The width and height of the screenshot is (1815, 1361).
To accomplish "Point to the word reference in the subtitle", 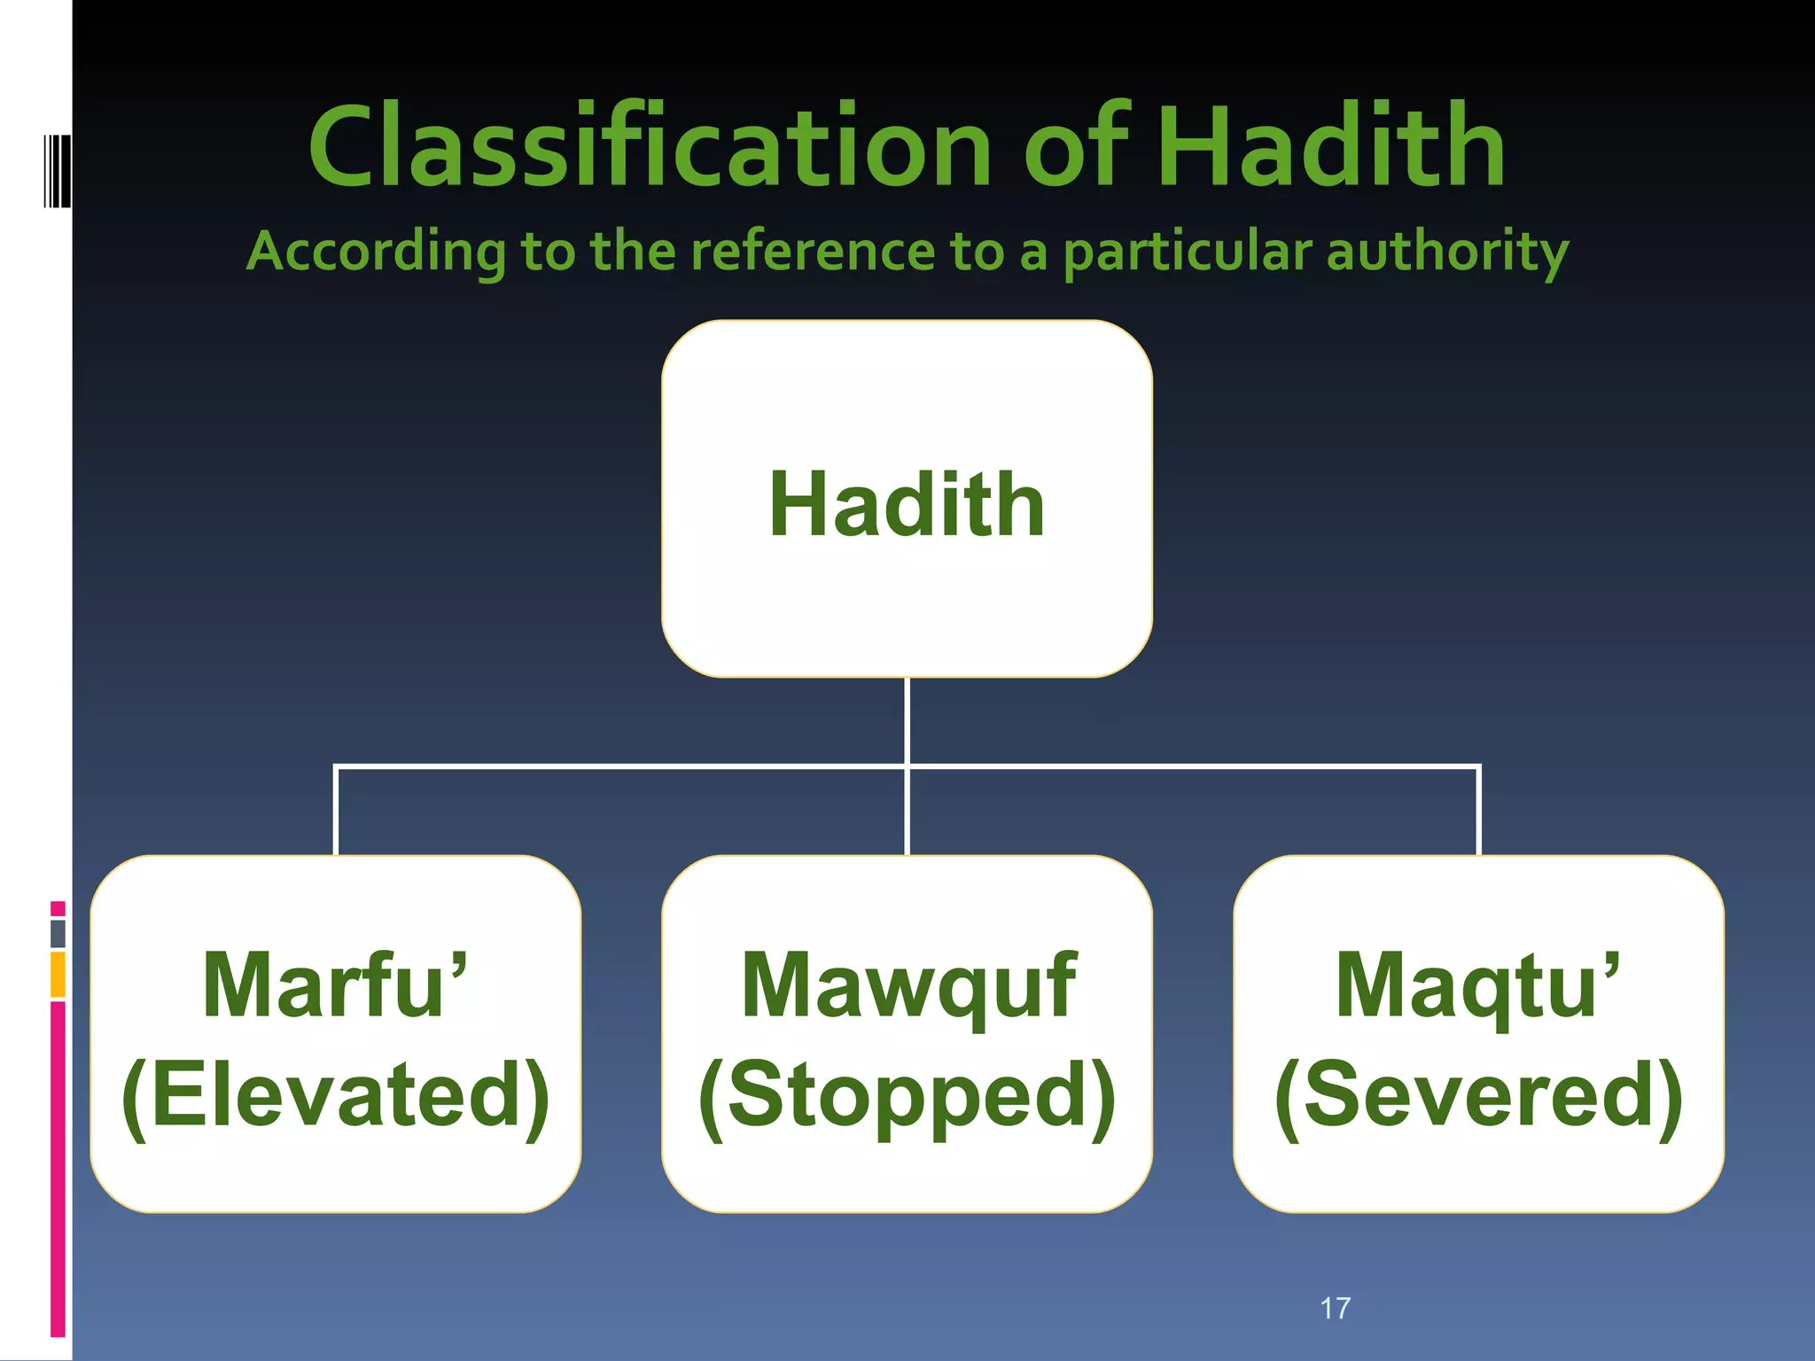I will coord(812,252).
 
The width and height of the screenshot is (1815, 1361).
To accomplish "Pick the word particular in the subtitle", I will coord(1187,252).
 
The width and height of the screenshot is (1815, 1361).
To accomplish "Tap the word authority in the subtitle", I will coord(1447,252).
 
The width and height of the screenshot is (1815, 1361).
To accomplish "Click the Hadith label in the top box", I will coord(907,504).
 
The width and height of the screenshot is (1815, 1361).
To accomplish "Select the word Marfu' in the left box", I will coord(335,985).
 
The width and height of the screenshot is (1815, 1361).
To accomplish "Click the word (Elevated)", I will coord(335,1095).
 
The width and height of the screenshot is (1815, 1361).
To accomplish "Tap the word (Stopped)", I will coord(907,1095).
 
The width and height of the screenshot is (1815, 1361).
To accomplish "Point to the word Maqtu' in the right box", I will coord(1477,985).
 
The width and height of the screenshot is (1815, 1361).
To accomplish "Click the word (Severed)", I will coord(1478,1095).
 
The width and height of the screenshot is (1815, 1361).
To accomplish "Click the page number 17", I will coord(1335,1308).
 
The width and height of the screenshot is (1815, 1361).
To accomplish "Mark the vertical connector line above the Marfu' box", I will coord(336,811).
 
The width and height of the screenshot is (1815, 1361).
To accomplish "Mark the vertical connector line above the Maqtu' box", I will coord(1479,811).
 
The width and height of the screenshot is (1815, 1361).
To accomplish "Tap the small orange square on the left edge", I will coord(58,974).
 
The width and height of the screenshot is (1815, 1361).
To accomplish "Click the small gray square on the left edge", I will coord(58,933).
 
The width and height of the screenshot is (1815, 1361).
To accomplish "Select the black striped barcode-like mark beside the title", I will coord(57,171).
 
